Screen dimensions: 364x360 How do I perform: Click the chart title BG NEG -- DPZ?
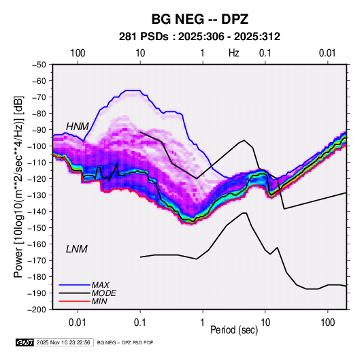[200, 19]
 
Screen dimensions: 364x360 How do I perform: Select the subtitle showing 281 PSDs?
[199, 37]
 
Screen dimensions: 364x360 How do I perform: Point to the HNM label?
[78, 127]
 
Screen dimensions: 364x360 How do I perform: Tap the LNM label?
[77, 249]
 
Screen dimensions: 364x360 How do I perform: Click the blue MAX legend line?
[75, 285]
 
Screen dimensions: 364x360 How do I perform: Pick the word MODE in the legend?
[104, 293]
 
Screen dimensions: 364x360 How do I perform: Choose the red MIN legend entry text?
[99, 301]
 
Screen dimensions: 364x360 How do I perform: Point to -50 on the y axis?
[39, 65]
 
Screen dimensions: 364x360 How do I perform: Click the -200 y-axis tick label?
[37, 310]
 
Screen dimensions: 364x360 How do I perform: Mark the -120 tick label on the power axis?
[37, 179]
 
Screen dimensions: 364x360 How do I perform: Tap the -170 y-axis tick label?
[37, 261]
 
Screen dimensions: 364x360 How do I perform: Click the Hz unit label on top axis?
[234, 53]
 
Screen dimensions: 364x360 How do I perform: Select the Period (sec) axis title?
[234, 330]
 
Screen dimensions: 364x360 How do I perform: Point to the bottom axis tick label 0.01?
[78, 323]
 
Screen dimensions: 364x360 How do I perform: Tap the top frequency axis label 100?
[78, 53]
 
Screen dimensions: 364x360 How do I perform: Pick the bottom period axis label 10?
[265, 323]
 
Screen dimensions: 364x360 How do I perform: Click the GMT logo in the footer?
[24, 342]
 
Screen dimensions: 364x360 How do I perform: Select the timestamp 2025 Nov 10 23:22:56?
[63, 342]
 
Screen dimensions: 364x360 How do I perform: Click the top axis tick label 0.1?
[265, 53]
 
